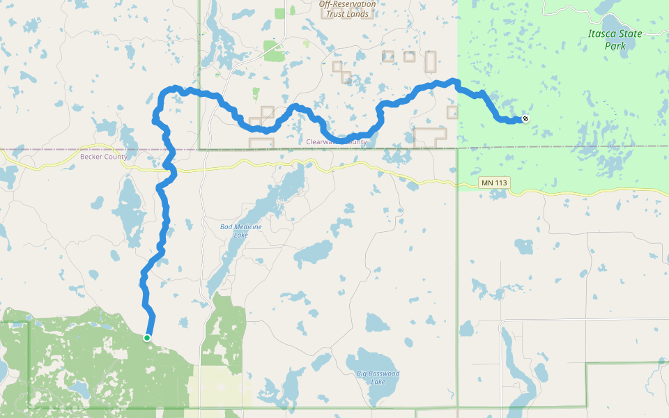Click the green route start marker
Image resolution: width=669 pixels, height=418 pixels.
[147, 337]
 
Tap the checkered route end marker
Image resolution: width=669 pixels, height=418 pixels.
[525, 118]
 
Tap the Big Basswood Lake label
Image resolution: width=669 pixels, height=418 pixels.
[378, 378]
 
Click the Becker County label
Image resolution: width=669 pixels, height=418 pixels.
[104, 157]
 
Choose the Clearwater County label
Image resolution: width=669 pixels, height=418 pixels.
[337, 142]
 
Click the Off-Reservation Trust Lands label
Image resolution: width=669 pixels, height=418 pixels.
[347, 9]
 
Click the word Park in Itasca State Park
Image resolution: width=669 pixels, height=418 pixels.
[615, 46]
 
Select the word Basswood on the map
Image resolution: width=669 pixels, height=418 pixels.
[384, 374]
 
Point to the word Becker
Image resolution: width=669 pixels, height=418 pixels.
[93, 157]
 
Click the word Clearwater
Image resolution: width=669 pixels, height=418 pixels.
[325, 142]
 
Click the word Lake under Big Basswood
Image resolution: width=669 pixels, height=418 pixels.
[378, 382]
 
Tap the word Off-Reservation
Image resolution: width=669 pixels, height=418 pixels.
[347, 4]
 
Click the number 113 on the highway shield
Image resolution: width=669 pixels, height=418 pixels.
[500, 183]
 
